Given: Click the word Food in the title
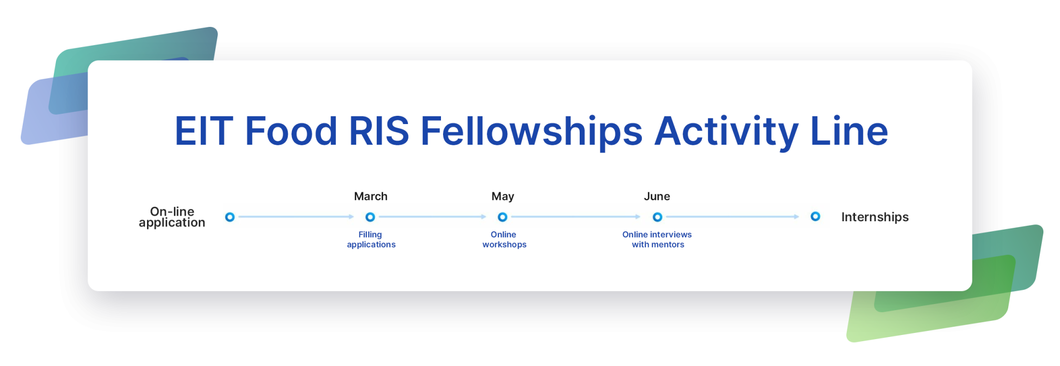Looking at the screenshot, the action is (x=291, y=131).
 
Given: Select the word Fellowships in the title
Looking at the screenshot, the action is (x=532, y=132).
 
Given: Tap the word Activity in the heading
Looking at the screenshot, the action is (x=727, y=132).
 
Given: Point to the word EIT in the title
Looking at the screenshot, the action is (x=204, y=131).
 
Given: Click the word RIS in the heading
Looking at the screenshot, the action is (x=379, y=131).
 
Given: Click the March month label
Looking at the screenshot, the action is (x=371, y=196).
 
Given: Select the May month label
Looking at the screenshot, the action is (x=503, y=197).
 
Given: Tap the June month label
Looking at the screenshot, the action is (x=657, y=196).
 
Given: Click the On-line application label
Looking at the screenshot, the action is (x=172, y=217).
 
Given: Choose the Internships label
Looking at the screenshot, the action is (x=875, y=217).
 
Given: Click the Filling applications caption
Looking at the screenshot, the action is (x=371, y=239).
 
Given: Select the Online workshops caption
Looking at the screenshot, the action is (x=504, y=239).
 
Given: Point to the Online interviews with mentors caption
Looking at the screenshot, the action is (x=657, y=239).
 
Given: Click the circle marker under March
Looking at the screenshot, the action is (x=370, y=217).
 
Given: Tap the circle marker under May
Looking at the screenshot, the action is (x=503, y=217).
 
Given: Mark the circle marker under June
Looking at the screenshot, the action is (x=657, y=217).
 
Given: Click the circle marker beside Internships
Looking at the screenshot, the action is (x=815, y=217).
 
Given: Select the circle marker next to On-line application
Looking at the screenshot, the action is (x=230, y=217).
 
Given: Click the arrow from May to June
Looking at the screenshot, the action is (x=576, y=217).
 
